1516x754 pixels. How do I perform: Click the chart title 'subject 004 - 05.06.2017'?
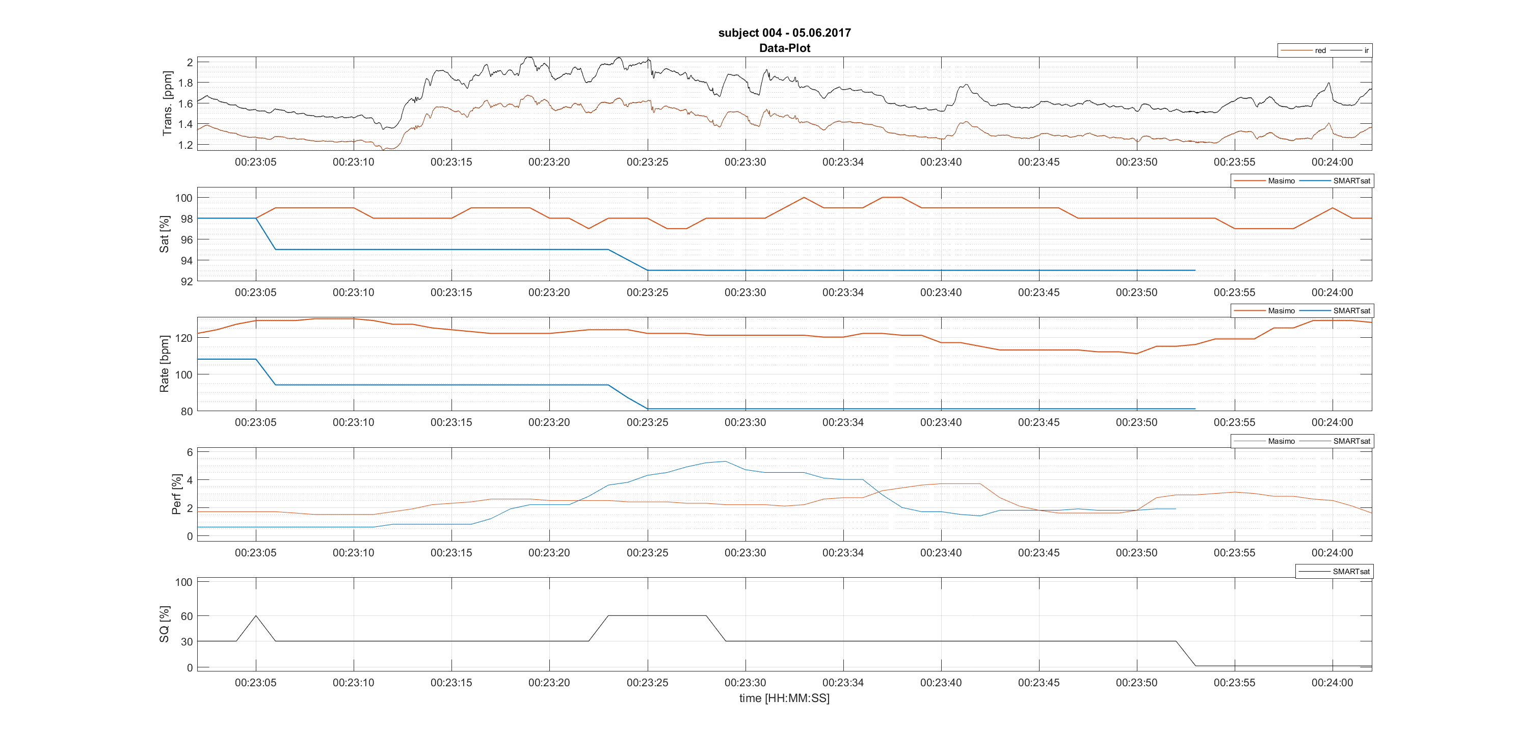[784, 33]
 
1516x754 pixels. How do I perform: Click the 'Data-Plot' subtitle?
[784, 48]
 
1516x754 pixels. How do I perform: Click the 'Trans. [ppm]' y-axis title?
[168, 103]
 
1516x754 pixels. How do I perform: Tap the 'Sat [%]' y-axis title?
[164, 234]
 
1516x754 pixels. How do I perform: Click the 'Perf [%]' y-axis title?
[176, 494]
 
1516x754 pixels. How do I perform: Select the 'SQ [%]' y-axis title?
[164, 624]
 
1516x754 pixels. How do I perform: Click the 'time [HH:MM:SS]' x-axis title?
[784, 698]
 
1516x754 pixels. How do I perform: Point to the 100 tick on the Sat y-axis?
[183, 198]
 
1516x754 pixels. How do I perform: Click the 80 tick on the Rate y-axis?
[187, 412]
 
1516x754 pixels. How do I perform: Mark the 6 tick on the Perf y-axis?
[190, 452]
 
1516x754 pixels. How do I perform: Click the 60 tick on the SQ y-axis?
[187, 616]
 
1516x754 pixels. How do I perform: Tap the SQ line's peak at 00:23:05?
[255, 616]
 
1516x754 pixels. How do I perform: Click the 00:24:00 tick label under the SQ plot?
[1332, 683]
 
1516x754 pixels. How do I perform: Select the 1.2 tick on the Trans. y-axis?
[185, 145]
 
